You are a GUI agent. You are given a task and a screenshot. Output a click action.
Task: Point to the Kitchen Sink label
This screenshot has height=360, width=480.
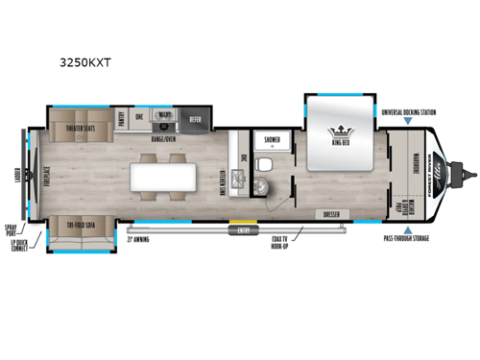point(222,178)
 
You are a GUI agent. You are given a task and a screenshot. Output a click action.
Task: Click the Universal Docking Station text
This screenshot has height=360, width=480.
point(408,113)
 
